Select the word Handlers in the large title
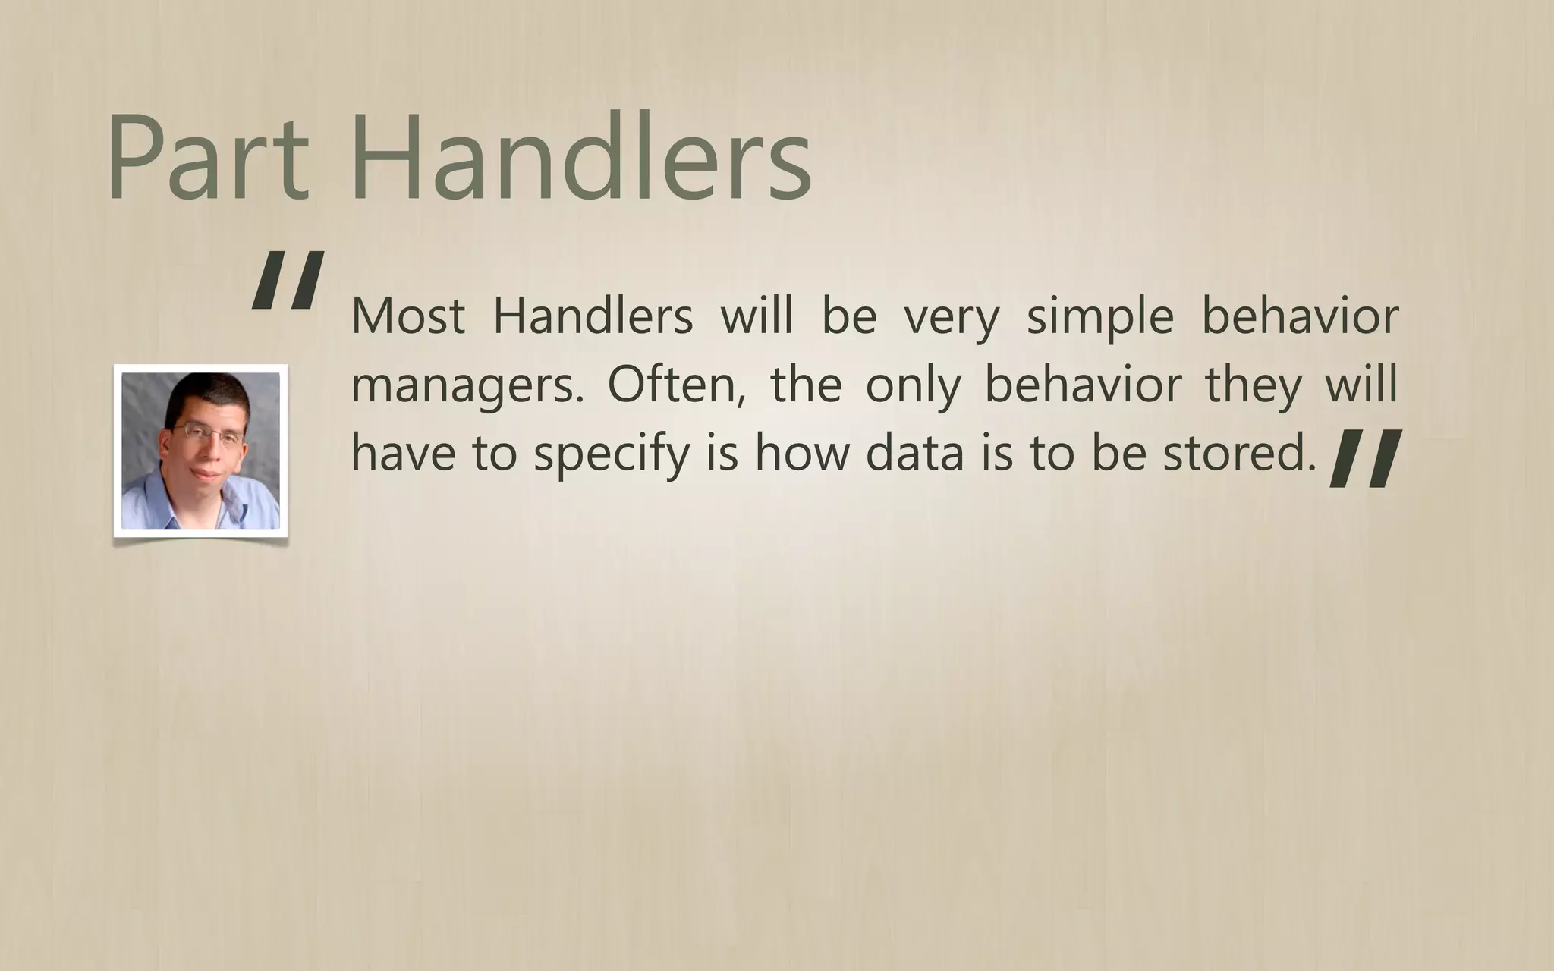(x=581, y=157)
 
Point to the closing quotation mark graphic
(x=1365, y=457)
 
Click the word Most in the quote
(x=408, y=316)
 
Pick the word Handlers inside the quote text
(x=593, y=316)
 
